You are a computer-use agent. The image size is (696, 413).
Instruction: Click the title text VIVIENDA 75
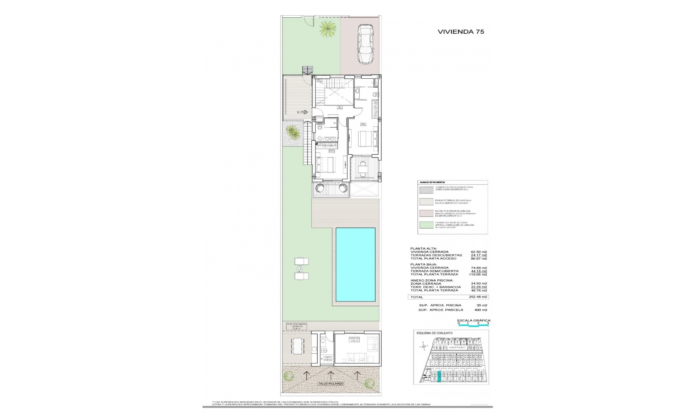pyautogui.click(x=461, y=32)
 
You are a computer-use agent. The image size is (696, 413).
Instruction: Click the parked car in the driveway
pyautogui.click(x=365, y=44)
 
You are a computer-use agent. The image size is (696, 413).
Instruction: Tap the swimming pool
pyautogui.click(x=355, y=264)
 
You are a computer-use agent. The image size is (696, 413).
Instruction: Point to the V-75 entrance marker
pyautogui.click(x=302, y=112)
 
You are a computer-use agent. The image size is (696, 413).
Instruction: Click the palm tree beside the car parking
pyautogui.click(x=327, y=28)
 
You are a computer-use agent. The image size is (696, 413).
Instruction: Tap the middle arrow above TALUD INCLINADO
pyautogui.click(x=330, y=375)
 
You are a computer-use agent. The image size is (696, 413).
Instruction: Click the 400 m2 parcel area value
pyautogui.click(x=481, y=310)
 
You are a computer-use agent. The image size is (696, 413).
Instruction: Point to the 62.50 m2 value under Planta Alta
pyautogui.click(x=478, y=252)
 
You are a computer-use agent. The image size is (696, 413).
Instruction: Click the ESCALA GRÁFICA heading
pyautogui.click(x=473, y=321)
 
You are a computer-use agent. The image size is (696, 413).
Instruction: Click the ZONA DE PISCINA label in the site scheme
pyautogui.click(x=457, y=347)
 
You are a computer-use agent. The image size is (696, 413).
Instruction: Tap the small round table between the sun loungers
pyautogui.click(x=300, y=268)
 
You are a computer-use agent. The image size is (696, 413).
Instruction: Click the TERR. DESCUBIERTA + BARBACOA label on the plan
pyautogui.click(x=297, y=326)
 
